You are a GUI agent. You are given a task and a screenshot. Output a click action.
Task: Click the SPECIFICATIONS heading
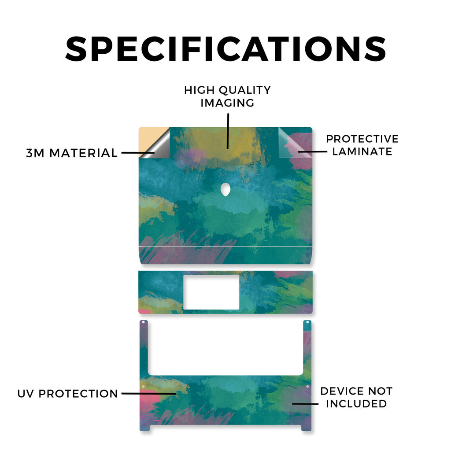point(226,49)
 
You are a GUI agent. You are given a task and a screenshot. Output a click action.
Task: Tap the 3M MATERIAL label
point(72,153)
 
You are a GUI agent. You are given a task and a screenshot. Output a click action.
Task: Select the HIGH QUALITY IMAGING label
point(228,96)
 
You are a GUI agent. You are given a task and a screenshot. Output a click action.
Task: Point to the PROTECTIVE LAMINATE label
point(362,145)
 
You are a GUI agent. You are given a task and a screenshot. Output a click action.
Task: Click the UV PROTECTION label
point(67,393)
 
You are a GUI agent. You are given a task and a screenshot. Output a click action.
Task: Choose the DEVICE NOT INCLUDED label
point(356,397)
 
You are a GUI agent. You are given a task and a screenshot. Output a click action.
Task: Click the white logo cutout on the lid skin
point(225,189)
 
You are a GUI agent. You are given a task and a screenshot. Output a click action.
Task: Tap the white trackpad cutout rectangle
point(211,292)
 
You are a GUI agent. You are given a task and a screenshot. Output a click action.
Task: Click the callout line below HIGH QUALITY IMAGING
point(228,131)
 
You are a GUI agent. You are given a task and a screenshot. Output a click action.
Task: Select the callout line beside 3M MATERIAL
point(138,153)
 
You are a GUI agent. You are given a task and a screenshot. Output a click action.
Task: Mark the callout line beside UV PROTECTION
point(149,393)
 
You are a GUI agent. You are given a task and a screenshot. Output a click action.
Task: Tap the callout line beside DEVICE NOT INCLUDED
point(305,404)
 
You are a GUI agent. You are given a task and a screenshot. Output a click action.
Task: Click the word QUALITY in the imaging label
point(245,90)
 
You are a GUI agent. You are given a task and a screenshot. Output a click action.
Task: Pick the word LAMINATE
point(362,152)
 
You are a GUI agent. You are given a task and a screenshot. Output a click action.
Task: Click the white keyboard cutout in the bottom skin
point(225,347)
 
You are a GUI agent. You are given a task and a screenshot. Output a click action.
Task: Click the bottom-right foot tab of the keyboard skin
point(307,428)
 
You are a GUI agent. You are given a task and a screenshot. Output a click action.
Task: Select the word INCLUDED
point(356,403)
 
